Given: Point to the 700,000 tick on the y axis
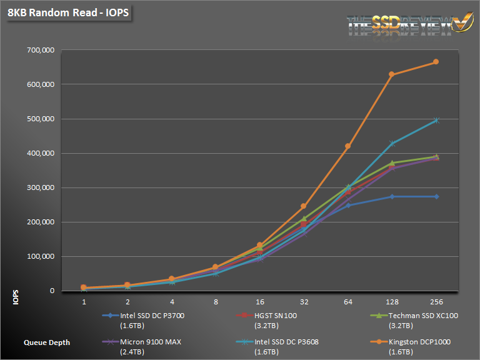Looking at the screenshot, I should pyautogui.click(x=40, y=50).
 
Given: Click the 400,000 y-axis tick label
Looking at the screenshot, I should pyautogui.click(x=40, y=153).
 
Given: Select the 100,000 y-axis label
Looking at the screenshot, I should pyautogui.click(x=40, y=256).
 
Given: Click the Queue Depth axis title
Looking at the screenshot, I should pyautogui.click(x=47, y=342).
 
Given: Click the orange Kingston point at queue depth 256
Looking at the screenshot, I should pyautogui.click(x=436, y=62).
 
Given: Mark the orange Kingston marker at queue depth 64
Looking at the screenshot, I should pyautogui.click(x=347, y=146).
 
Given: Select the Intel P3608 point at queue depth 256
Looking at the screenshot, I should pyautogui.click(x=436, y=120).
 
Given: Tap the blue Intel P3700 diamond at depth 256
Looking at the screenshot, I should pyautogui.click(x=436, y=196).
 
